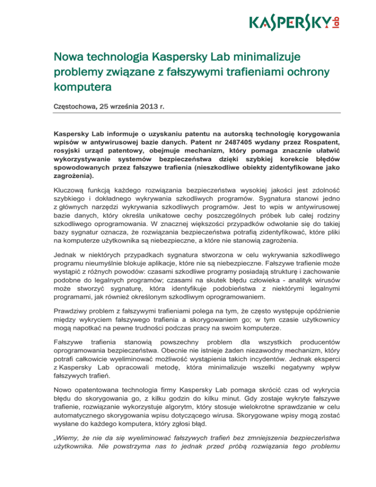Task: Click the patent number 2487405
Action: pos(219,142)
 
